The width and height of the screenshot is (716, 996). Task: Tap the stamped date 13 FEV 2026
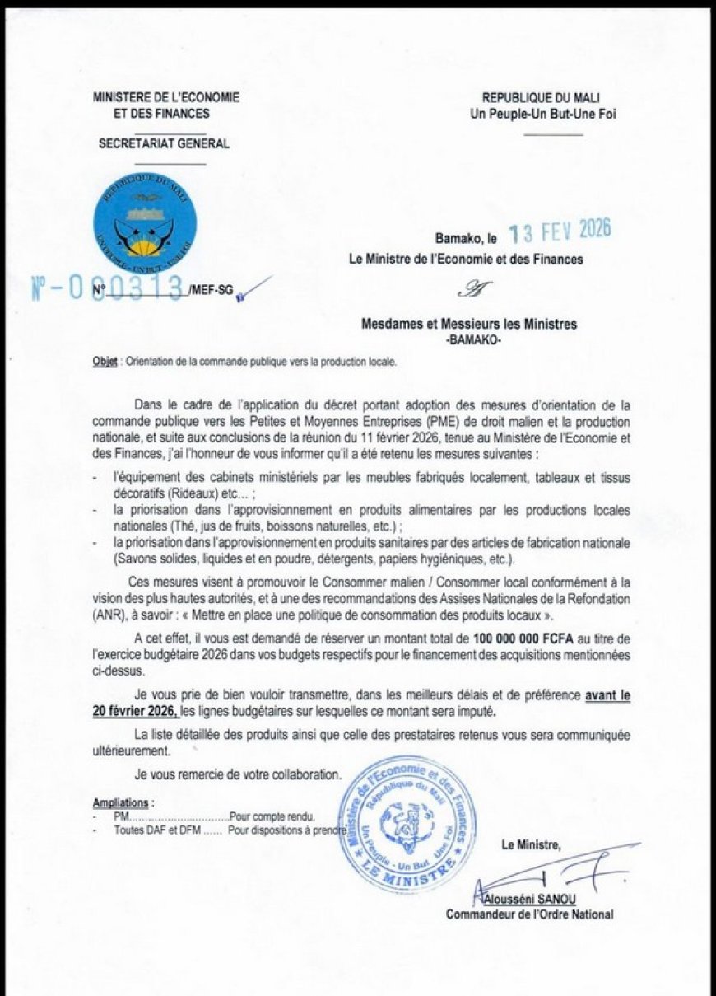[560, 233]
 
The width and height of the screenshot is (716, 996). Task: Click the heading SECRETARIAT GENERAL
[164, 144]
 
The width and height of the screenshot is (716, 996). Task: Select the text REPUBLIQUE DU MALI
[541, 98]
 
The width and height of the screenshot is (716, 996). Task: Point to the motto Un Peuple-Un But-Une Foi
[542, 115]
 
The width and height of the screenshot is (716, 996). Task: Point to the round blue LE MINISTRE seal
[409, 824]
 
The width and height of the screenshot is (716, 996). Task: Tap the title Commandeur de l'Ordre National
[529, 914]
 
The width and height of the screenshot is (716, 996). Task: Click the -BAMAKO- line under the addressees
[468, 339]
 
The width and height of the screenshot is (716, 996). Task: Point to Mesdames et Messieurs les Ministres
[469, 325]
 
